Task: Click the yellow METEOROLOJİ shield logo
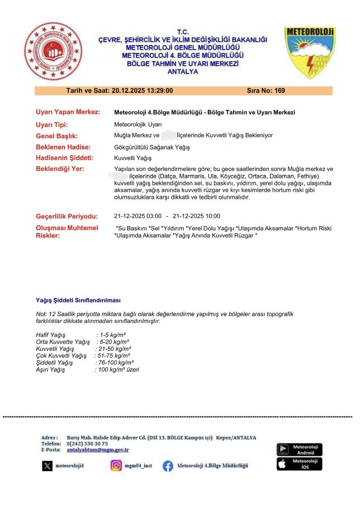coord(309,52)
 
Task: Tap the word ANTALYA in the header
coord(183,72)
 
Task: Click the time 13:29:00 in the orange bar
coord(156,91)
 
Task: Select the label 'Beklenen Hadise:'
coord(63,147)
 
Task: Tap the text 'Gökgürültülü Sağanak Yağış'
coord(152,148)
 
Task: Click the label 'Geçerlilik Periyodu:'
coord(67,216)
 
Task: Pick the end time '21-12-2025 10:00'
coord(196,216)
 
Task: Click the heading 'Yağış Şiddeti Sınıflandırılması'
coord(78,301)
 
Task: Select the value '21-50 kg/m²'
coord(114,349)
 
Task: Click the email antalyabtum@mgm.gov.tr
coord(97,449)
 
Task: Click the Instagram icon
coord(116,466)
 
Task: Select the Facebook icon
coord(168,466)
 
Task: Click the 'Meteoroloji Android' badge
coord(299,449)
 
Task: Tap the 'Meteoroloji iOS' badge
coord(299,464)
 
